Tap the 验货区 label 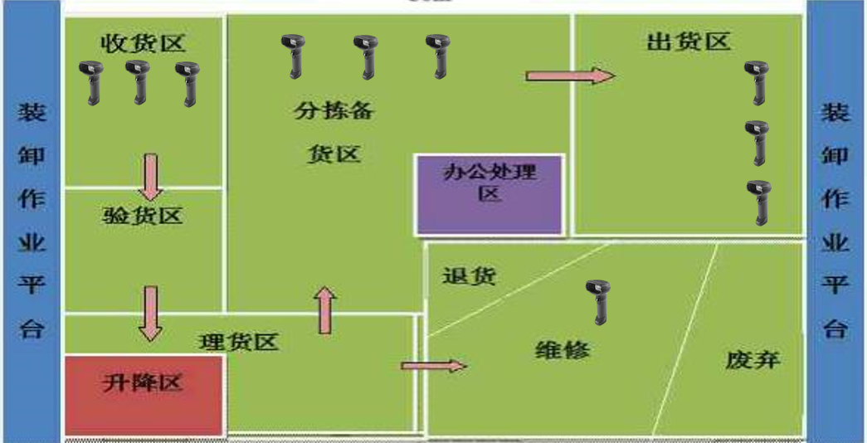coord(143,217)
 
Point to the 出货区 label coord(688,41)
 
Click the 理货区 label coord(239,341)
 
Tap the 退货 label coord(470,276)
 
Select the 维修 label coord(563,349)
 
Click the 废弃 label coord(753,359)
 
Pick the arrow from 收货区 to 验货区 coord(150,176)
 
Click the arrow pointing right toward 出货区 coord(570,76)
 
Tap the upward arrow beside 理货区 coord(325,310)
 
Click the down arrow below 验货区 coord(150,314)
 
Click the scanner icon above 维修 coord(598,300)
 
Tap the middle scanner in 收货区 coord(138,81)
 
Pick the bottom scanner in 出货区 coord(757,202)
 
